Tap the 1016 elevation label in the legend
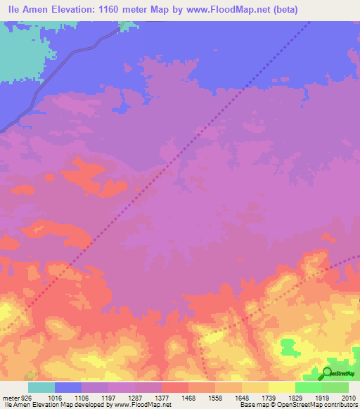pos(55,397)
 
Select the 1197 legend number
pos(108,397)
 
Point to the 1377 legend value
pos(162,397)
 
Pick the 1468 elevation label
pos(188,397)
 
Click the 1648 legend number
pos(242,397)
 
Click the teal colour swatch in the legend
pos(41,387)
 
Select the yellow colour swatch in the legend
pos(281,387)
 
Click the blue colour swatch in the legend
pos(68,387)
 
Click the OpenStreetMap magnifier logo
pos(328,373)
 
